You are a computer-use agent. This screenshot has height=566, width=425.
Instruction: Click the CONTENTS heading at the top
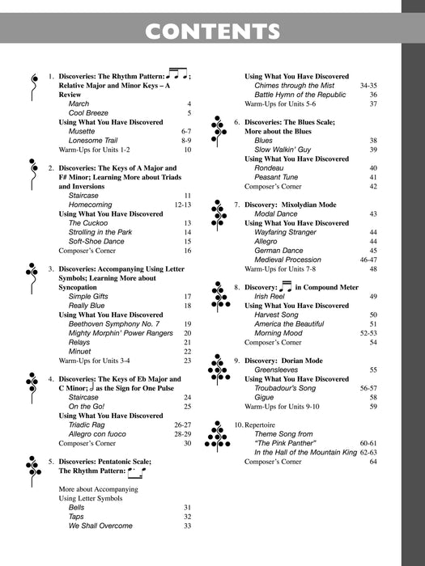212,32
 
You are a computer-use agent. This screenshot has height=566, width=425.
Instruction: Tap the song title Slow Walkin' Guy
284,150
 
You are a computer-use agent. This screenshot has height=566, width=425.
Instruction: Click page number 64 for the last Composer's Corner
373,462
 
